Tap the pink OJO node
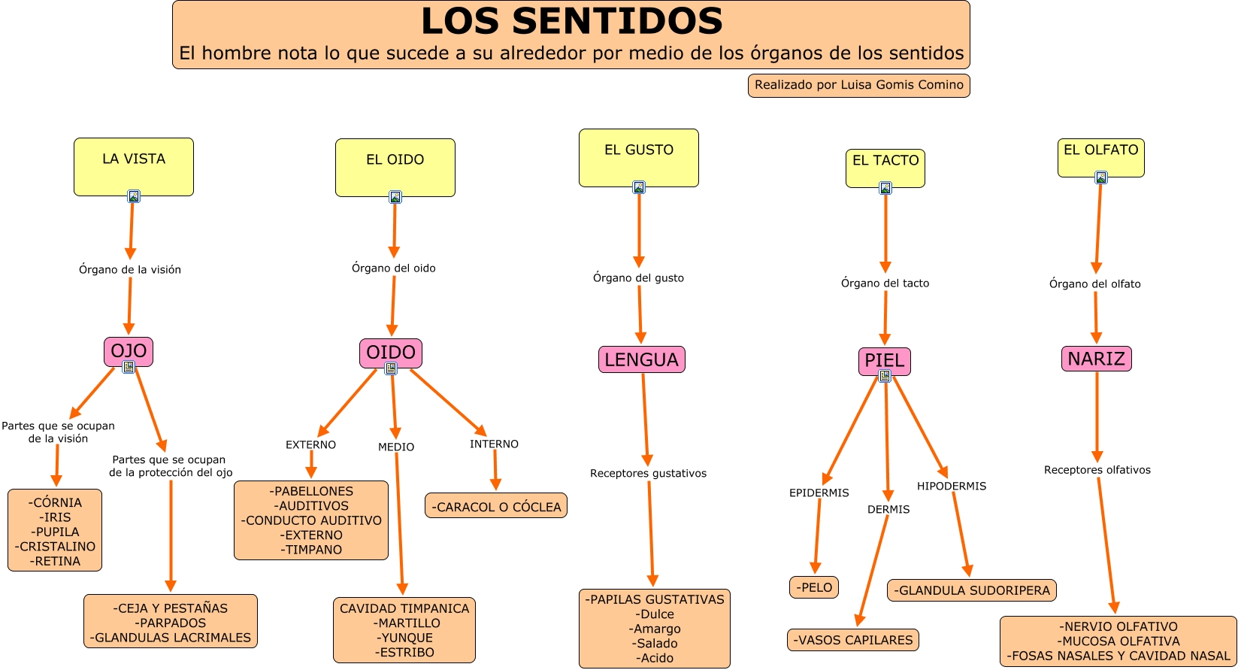tap(129, 351)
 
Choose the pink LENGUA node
tap(641, 359)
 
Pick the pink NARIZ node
tap(1096, 359)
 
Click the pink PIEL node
tap(884, 361)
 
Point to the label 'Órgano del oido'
tap(394, 268)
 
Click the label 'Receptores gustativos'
tap(648, 474)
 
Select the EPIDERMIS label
tap(819, 493)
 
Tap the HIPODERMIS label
tap(951, 487)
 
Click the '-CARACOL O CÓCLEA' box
tap(496, 507)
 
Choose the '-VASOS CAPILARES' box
tap(853, 640)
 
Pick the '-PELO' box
tap(814, 587)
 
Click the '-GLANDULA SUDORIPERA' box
tap(971, 590)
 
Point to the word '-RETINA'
tap(55, 561)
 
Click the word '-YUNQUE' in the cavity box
tap(404, 638)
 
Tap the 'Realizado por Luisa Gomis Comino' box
tap(858, 85)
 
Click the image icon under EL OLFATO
tap(1101, 177)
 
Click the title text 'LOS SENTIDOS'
tap(571, 21)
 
